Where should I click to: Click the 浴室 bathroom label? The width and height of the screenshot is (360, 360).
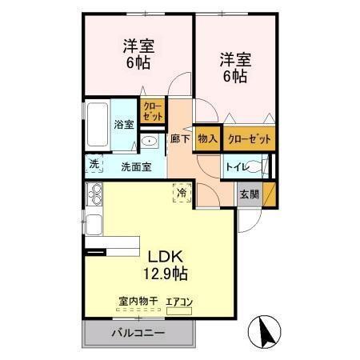click(123, 125)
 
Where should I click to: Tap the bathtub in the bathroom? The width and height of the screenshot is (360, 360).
click(97, 126)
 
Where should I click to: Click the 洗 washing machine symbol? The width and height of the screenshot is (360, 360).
click(94, 164)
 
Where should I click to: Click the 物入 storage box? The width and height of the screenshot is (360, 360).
click(207, 138)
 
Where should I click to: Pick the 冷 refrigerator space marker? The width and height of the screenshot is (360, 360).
click(182, 193)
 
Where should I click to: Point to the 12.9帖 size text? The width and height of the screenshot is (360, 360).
click(166, 274)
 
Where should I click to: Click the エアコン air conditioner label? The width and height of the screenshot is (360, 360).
click(179, 302)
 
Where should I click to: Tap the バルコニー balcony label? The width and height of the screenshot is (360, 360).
click(138, 332)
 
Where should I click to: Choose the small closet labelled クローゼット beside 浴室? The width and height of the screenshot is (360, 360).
click(151, 111)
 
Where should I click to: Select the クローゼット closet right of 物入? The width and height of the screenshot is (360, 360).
click(249, 138)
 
